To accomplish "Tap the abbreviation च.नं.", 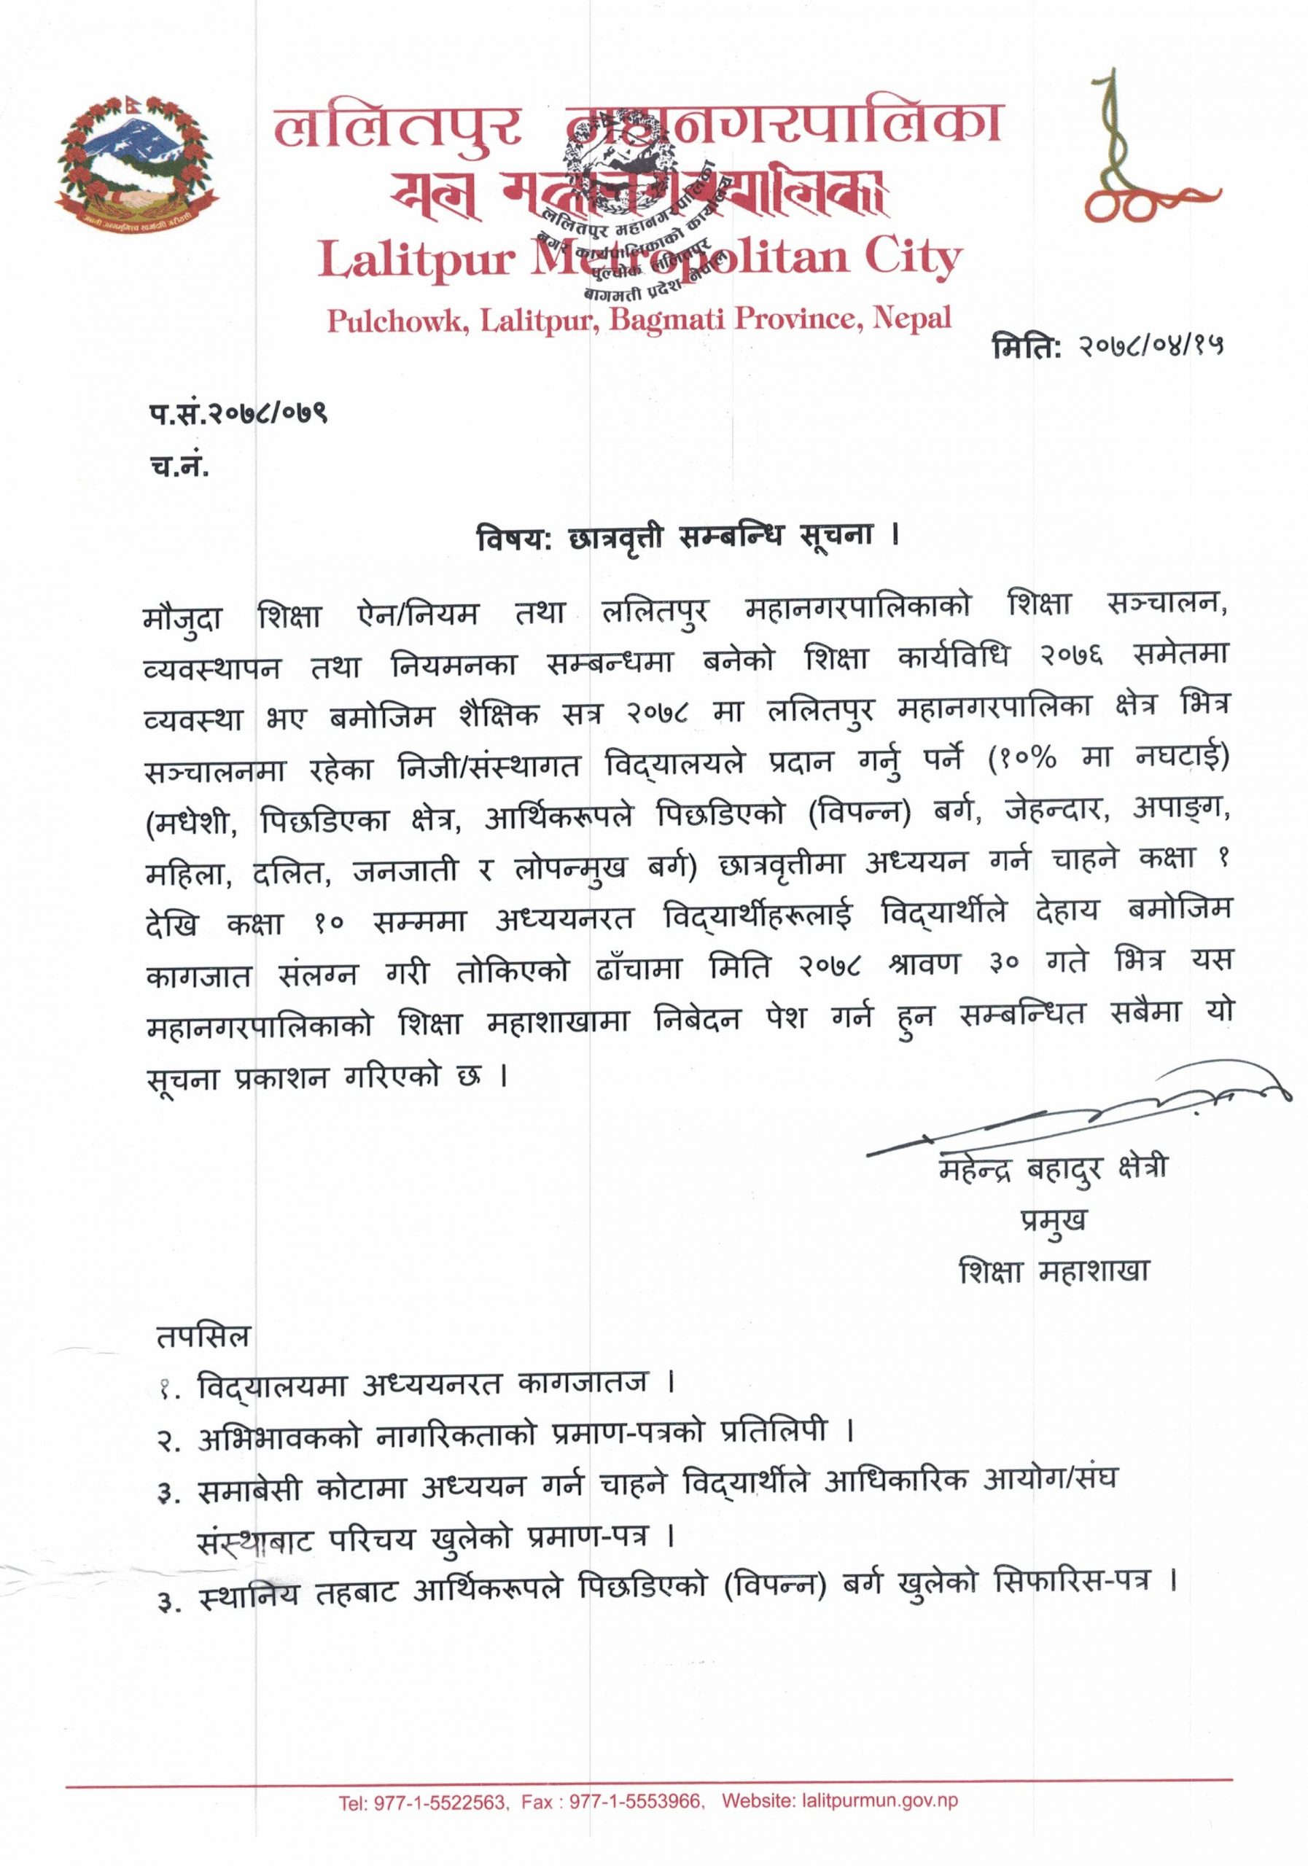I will (x=179, y=467).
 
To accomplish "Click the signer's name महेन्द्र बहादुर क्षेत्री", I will (x=1054, y=1171).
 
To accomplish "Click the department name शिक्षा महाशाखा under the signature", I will (x=1054, y=1271).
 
